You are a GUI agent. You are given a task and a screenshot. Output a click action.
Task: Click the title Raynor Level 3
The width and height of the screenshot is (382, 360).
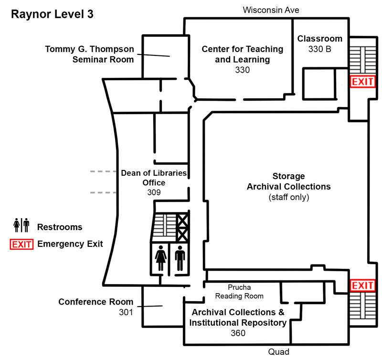point(52,14)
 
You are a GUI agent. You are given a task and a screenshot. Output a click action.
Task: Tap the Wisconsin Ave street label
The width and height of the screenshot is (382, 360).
point(271,10)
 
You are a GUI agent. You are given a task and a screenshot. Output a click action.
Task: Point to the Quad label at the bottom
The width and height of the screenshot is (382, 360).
point(278,352)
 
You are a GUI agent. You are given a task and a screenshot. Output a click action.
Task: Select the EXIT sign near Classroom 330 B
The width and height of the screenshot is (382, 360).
point(362,82)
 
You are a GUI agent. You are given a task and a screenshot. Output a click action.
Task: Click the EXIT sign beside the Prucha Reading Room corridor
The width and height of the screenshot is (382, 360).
point(362,286)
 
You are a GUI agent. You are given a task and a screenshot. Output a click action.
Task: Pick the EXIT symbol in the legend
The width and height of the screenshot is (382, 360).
point(21,244)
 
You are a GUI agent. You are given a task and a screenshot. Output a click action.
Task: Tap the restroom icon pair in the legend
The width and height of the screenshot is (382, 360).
point(21,225)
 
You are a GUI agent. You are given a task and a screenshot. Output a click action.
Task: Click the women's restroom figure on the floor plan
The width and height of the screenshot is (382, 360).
point(161,258)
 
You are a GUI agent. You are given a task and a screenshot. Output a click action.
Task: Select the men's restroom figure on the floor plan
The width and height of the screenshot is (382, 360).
point(180,258)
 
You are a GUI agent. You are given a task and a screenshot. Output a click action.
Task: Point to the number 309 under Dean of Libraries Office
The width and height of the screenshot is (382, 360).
point(154,192)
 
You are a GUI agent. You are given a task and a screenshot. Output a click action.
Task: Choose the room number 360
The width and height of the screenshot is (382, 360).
point(238,333)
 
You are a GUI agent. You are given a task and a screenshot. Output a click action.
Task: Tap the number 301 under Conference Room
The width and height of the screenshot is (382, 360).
point(126,312)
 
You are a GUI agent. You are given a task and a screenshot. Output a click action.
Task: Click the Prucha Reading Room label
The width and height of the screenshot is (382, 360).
point(239,292)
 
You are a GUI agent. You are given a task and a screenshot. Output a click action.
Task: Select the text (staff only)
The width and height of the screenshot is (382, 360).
point(288,197)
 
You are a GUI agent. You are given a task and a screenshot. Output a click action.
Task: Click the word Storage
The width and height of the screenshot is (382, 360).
point(288,176)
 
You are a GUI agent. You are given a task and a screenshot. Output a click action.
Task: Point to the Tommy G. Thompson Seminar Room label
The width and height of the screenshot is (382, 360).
point(89,54)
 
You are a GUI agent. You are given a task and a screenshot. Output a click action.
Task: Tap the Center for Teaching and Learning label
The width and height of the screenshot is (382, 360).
point(242,54)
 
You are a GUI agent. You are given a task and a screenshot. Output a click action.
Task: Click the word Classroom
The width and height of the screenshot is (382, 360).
point(320,39)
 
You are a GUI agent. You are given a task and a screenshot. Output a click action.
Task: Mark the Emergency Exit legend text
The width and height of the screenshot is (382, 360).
point(70,244)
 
